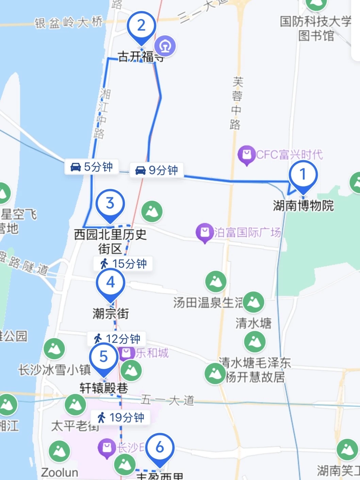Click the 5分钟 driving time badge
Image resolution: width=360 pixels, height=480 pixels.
92,167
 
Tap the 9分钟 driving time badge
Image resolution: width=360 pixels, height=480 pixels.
157,170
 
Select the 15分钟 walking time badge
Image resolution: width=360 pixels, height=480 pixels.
123,264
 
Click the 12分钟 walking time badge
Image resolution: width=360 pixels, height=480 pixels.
117,339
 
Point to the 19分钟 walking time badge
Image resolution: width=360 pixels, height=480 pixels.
120,417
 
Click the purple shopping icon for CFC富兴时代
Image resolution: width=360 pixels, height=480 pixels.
247,155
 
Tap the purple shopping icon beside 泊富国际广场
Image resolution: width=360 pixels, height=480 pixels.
204,232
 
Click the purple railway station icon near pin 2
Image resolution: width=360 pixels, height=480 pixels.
165,46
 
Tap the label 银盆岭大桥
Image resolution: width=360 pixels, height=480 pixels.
68,23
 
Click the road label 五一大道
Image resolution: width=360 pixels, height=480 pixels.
167,400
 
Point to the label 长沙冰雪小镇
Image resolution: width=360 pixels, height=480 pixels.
54,370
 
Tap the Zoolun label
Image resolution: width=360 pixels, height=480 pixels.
60,473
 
